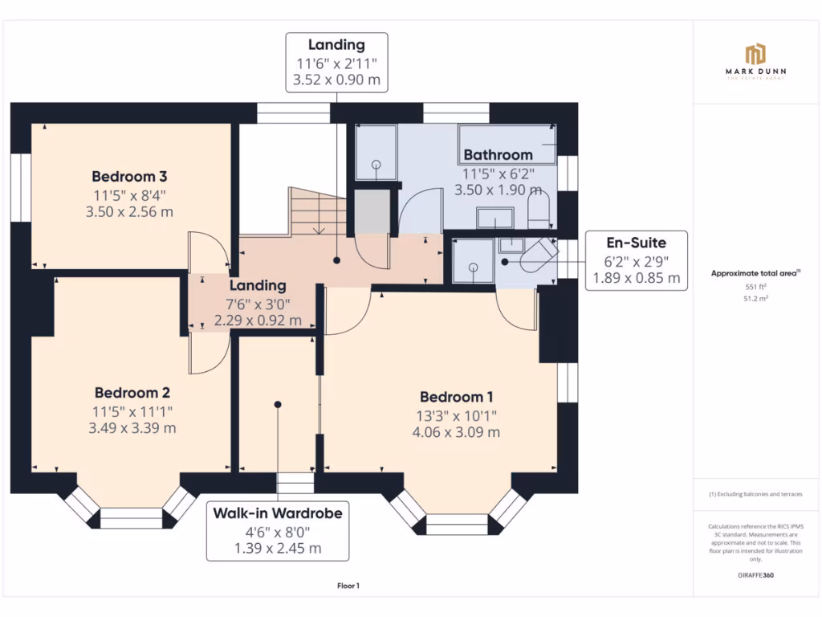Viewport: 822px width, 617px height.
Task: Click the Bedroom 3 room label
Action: [129, 176]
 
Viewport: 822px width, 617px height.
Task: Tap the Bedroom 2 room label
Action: [132, 393]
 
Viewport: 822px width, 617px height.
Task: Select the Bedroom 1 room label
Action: [457, 397]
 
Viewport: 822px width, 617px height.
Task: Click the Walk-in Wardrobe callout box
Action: [278, 530]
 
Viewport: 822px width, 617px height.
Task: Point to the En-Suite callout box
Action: [636, 260]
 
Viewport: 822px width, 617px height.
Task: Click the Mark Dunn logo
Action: [755, 61]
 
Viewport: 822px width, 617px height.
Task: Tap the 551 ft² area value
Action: [755, 286]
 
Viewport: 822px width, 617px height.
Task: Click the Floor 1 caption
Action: [348, 586]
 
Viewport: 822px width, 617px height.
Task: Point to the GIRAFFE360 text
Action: [755, 575]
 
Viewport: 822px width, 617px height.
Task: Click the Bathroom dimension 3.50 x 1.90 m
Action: [497, 190]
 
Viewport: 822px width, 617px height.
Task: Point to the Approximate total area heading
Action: [755, 274]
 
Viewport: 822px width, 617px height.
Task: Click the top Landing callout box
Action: [336, 63]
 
